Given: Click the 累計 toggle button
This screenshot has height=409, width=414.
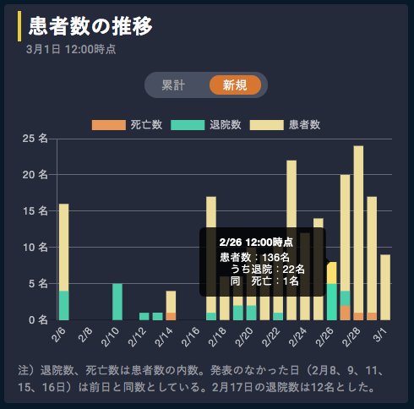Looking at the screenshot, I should (174, 85).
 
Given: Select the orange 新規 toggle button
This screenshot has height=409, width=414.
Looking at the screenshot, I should (235, 85).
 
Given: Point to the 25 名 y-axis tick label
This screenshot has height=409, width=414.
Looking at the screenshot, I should (36, 139).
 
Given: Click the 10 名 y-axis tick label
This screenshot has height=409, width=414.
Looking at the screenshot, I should (36, 248).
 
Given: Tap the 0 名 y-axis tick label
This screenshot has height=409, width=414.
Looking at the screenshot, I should (39, 320).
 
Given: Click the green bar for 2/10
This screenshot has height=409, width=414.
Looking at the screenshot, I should (117, 302).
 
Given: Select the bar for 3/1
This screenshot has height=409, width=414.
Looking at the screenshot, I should (385, 287).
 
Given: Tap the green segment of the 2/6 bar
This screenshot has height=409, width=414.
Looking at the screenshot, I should (64, 305).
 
